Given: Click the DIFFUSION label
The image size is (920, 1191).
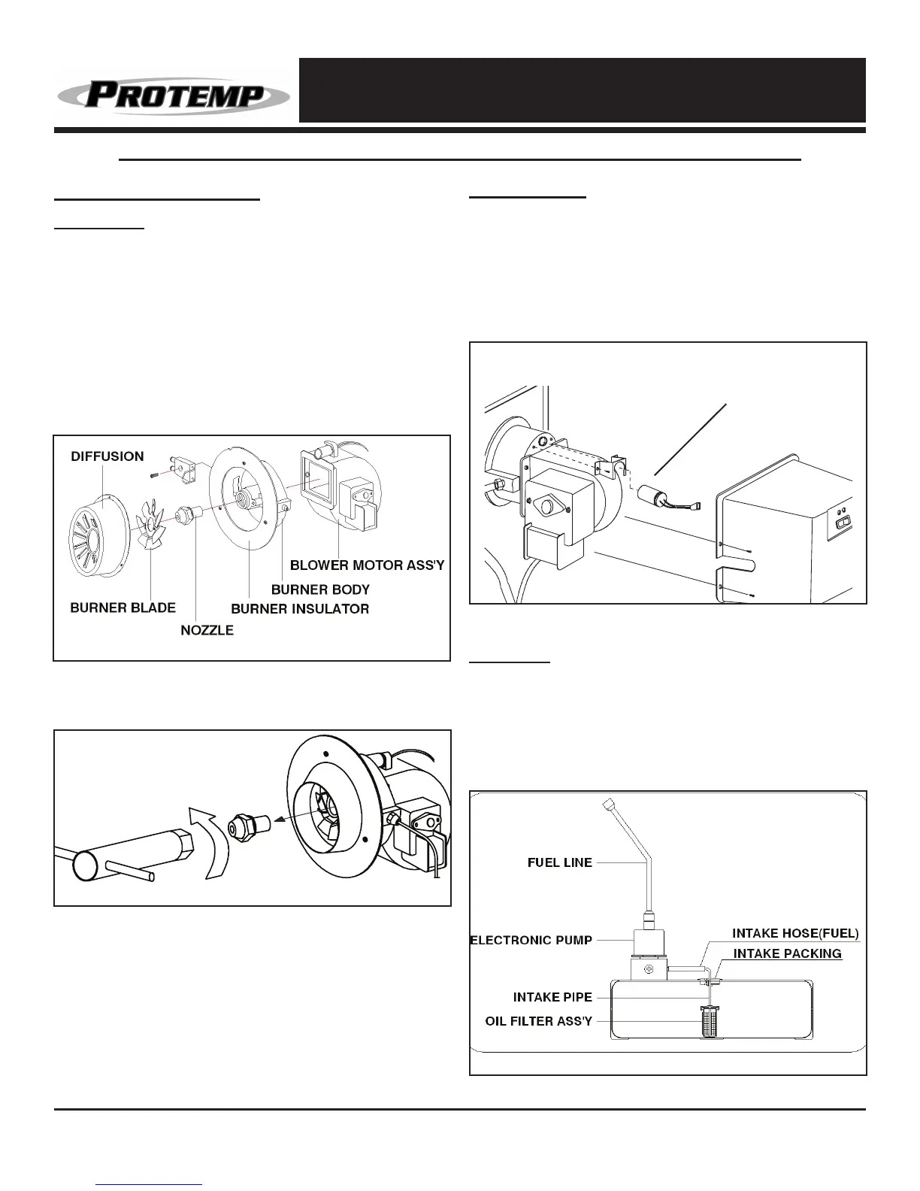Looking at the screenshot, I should pyautogui.click(x=107, y=456).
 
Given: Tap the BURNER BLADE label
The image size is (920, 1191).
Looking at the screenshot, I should pyautogui.click(x=123, y=608).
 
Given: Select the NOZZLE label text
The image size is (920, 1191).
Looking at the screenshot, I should pyautogui.click(x=207, y=630).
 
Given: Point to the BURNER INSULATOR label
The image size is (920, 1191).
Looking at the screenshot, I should pyautogui.click(x=300, y=608).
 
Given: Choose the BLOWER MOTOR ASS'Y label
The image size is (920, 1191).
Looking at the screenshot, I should pyautogui.click(x=368, y=565).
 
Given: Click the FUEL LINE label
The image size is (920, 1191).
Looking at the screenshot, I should pyautogui.click(x=559, y=862).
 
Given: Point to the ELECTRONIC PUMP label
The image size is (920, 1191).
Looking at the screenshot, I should pyautogui.click(x=531, y=939).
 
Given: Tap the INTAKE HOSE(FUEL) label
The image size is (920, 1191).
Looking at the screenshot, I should pyautogui.click(x=795, y=933).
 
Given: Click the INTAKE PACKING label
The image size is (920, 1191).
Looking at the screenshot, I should pyautogui.click(x=787, y=953).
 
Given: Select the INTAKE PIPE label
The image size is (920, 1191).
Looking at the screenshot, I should pyautogui.click(x=552, y=997).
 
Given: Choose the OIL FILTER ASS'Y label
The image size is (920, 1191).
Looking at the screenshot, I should pyautogui.click(x=538, y=1021).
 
